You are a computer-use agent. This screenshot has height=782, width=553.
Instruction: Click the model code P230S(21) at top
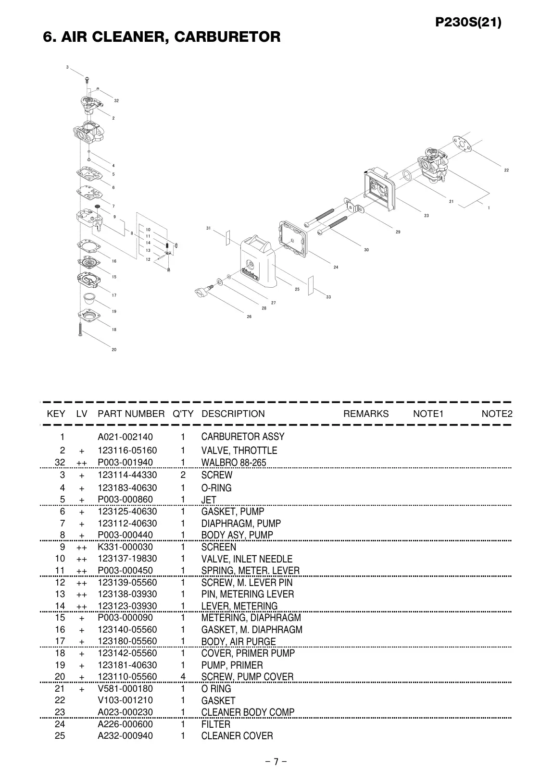tap(468, 23)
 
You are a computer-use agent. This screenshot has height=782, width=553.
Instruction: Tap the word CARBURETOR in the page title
tap(227, 37)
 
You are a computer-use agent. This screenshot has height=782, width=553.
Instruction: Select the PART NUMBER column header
tap(131, 414)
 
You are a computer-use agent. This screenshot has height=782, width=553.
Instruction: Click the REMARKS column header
tap(366, 414)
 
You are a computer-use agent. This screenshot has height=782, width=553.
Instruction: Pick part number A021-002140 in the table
tap(125, 437)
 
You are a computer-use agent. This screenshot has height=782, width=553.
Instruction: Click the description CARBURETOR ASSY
tap(242, 437)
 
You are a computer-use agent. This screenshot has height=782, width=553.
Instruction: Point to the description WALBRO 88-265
tap(234, 463)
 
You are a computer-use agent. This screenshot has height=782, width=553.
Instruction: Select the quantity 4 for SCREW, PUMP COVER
tap(183, 677)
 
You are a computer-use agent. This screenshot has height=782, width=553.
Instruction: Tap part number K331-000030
tap(125, 547)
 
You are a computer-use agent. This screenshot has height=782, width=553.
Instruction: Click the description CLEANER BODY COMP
tap(248, 712)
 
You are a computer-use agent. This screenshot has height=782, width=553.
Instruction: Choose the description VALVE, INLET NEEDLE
tap(247, 559)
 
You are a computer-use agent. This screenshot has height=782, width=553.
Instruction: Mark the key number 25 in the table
tap(60, 735)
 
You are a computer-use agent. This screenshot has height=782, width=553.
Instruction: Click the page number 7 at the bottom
tap(276, 761)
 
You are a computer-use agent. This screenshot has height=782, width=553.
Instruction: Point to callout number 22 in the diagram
tap(506, 171)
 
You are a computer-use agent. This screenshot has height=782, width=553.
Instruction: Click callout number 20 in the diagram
tap(114, 350)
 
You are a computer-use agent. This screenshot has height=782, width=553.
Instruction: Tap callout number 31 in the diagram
tap(208, 228)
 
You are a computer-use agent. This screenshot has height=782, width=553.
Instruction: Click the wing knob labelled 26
tap(204, 291)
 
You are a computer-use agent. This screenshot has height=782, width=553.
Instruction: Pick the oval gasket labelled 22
tap(462, 144)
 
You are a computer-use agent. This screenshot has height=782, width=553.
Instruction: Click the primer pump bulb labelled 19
tap(89, 298)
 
